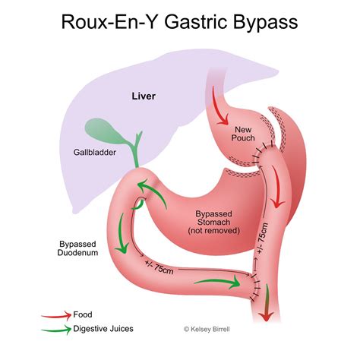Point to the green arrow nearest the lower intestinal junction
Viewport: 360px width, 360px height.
pyautogui.click(x=217, y=284)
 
